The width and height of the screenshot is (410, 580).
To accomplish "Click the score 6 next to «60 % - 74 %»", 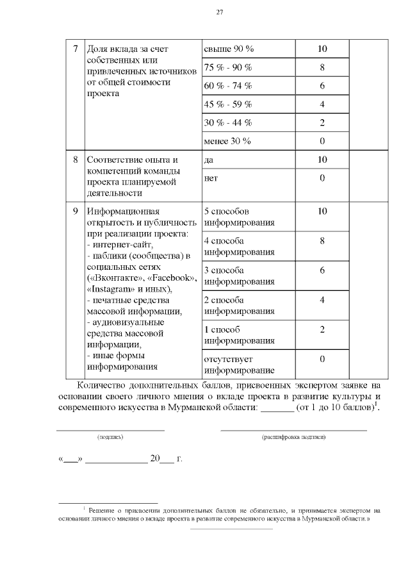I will (x=322, y=86).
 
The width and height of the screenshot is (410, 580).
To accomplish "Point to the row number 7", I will (x=76, y=49).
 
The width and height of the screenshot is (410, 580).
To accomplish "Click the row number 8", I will (x=76, y=160).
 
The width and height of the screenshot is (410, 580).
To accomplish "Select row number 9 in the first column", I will (x=76, y=211).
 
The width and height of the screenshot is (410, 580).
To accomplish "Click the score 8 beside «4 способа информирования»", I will (x=322, y=241).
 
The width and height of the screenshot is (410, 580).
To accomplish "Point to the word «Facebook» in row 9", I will (x=170, y=278).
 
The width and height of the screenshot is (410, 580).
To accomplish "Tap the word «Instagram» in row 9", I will (x=110, y=289).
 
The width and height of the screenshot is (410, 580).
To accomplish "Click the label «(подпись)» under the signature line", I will (x=110, y=437).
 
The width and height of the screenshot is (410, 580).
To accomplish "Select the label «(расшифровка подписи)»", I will (x=294, y=437).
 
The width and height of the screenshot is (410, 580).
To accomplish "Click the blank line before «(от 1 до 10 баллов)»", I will (x=277, y=408).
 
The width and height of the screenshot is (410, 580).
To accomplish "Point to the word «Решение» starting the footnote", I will (x=101, y=510).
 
